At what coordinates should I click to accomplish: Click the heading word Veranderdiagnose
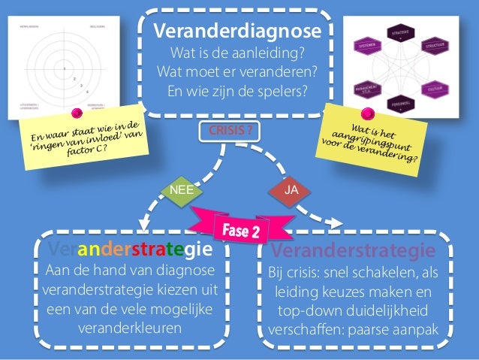coord(236,33)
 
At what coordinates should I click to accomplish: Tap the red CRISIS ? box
coord(230,129)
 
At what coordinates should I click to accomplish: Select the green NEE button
coord(182,190)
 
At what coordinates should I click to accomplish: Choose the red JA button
coord(293,190)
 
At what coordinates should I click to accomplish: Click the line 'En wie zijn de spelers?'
coord(236,93)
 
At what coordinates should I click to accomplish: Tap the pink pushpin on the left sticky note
coord(77,113)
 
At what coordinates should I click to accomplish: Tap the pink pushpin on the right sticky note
coord(368,113)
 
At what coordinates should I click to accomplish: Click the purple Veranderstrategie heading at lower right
coord(353,249)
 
